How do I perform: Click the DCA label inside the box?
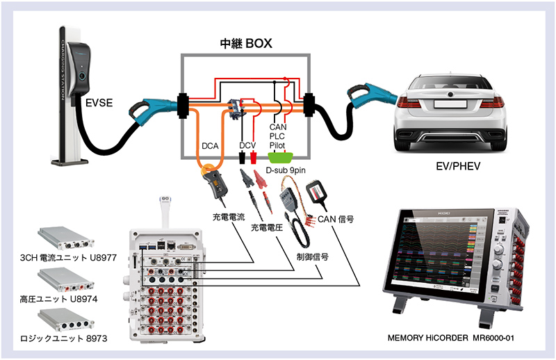pos(210,146)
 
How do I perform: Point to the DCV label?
pos(248,146)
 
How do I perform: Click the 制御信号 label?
pos(310,256)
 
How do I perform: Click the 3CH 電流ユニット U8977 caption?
pos(68,259)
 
